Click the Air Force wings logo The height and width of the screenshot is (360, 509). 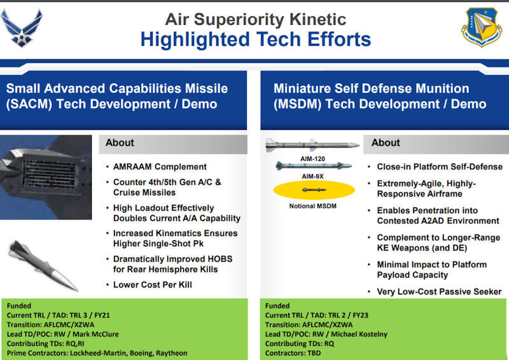[22, 28]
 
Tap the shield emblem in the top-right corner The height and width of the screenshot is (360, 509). [482, 27]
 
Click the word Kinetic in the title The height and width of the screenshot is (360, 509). [317, 19]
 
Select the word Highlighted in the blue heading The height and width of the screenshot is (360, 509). [195, 39]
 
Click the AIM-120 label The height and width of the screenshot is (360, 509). [312, 159]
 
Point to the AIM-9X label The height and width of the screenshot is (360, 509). [312, 176]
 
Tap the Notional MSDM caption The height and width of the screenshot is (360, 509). [312, 206]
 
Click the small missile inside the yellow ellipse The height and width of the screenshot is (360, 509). [314, 190]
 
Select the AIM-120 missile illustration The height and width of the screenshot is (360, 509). [312, 145]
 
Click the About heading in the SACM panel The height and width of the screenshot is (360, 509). [120, 142]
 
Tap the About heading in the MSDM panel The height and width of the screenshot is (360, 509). [386, 142]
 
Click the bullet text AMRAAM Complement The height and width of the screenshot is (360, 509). [160, 167]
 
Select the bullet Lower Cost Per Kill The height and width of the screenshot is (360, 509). [152, 285]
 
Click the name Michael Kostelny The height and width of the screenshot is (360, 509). [359, 334]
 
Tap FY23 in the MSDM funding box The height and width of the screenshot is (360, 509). [360, 315]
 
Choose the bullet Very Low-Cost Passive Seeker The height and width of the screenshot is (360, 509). [439, 291]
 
